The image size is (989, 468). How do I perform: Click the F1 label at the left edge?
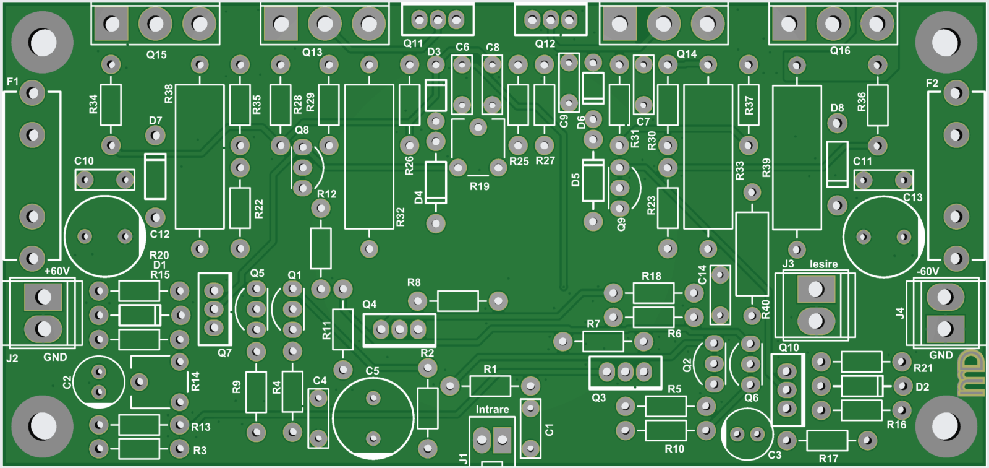tap(12, 82)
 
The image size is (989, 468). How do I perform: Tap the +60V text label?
tap(57, 271)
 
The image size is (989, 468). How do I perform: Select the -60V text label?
tap(928, 271)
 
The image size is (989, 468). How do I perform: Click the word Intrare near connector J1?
tap(492, 409)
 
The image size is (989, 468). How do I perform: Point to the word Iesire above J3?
tap(823, 264)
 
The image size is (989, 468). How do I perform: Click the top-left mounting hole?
tap(42, 42)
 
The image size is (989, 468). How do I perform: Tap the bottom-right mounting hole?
tap(945, 426)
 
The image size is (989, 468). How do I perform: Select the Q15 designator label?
tap(156, 54)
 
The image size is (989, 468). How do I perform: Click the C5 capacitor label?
tap(372, 371)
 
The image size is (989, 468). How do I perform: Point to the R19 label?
tap(479, 186)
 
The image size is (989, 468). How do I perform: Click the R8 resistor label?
tap(414, 282)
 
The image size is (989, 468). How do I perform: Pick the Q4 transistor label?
tap(369, 304)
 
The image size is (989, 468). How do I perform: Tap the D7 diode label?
tap(155, 120)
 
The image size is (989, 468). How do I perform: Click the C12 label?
tap(159, 234)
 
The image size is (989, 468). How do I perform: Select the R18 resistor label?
tap(651, 276)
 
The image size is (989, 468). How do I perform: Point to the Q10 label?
tap(789, 347)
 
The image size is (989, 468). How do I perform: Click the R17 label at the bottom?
tap(828, 459)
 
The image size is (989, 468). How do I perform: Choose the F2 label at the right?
tap(932, 83)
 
